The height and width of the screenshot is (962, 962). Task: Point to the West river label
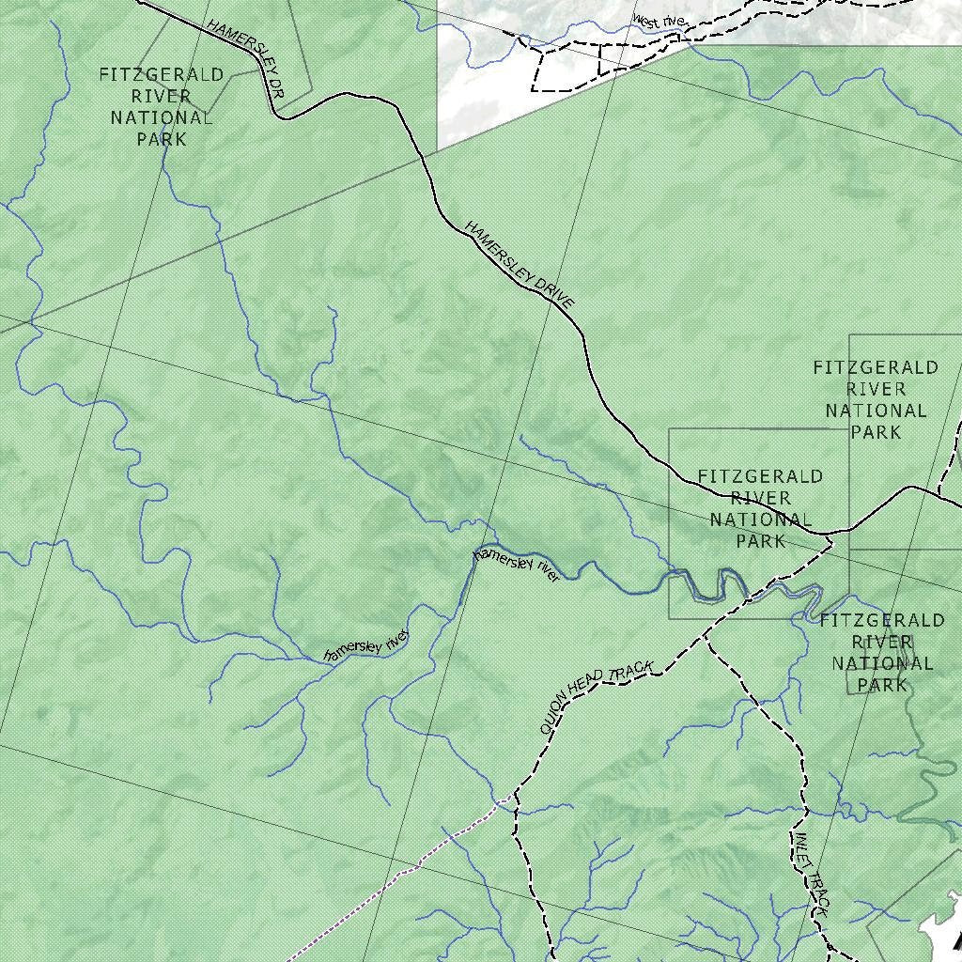660,20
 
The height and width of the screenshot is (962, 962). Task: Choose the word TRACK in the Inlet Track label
816,896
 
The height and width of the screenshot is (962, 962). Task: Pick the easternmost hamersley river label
517,566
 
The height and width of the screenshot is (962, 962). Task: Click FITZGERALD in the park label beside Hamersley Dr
162,75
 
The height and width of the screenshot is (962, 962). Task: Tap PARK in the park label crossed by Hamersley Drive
760,541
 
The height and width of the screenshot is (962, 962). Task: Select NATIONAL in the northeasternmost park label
876,411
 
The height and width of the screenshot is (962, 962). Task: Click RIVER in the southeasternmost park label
881,642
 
